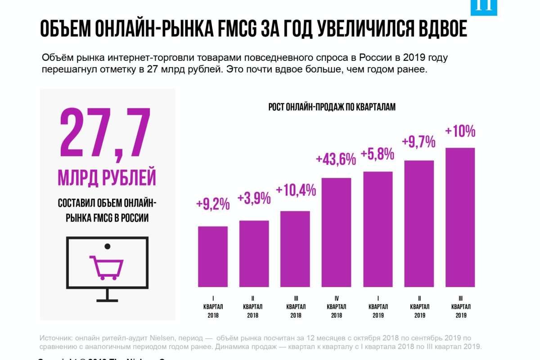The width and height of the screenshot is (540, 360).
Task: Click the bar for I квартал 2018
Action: point(213,256)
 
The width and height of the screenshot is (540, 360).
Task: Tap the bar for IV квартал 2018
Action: point(336,232)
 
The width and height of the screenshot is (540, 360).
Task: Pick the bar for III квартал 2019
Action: point(460,217)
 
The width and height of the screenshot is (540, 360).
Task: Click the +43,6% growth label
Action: point(336,159)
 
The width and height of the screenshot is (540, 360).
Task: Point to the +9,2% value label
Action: point(213,204)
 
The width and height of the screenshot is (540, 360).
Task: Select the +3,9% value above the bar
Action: point(254,198)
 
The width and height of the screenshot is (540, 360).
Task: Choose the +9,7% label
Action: point(418,143)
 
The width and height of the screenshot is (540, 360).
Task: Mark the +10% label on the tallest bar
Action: point(460,131)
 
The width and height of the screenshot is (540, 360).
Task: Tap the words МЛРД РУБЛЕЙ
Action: point(107,177)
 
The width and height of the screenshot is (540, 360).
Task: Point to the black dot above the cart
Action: point(107,246)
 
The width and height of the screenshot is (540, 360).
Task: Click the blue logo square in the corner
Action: point(484,7)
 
